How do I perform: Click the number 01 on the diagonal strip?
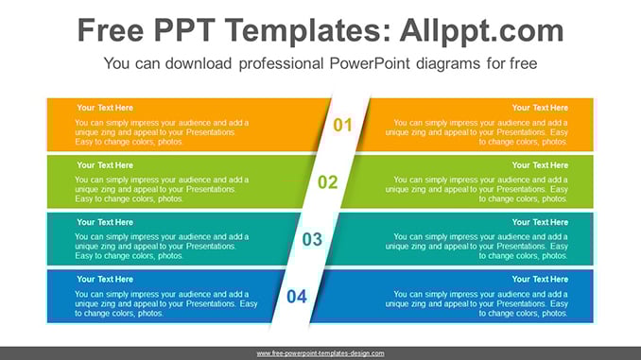342,125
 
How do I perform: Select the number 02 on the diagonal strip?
328,182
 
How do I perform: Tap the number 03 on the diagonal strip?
312,239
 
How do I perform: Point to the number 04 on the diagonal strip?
297,297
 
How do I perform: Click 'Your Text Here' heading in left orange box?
105,108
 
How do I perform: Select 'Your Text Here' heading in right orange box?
540,108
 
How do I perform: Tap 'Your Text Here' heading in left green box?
105,165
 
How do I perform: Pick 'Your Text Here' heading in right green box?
540,165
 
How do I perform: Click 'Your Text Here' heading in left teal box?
105,222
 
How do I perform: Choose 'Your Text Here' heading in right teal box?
540,222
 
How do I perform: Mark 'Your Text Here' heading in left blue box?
105,280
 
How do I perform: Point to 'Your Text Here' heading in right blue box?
540,280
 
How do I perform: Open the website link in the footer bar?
320,353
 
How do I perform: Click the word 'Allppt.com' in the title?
481,31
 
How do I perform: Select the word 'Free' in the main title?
111,30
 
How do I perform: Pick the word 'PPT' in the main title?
184,30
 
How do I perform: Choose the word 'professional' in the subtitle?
281,64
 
